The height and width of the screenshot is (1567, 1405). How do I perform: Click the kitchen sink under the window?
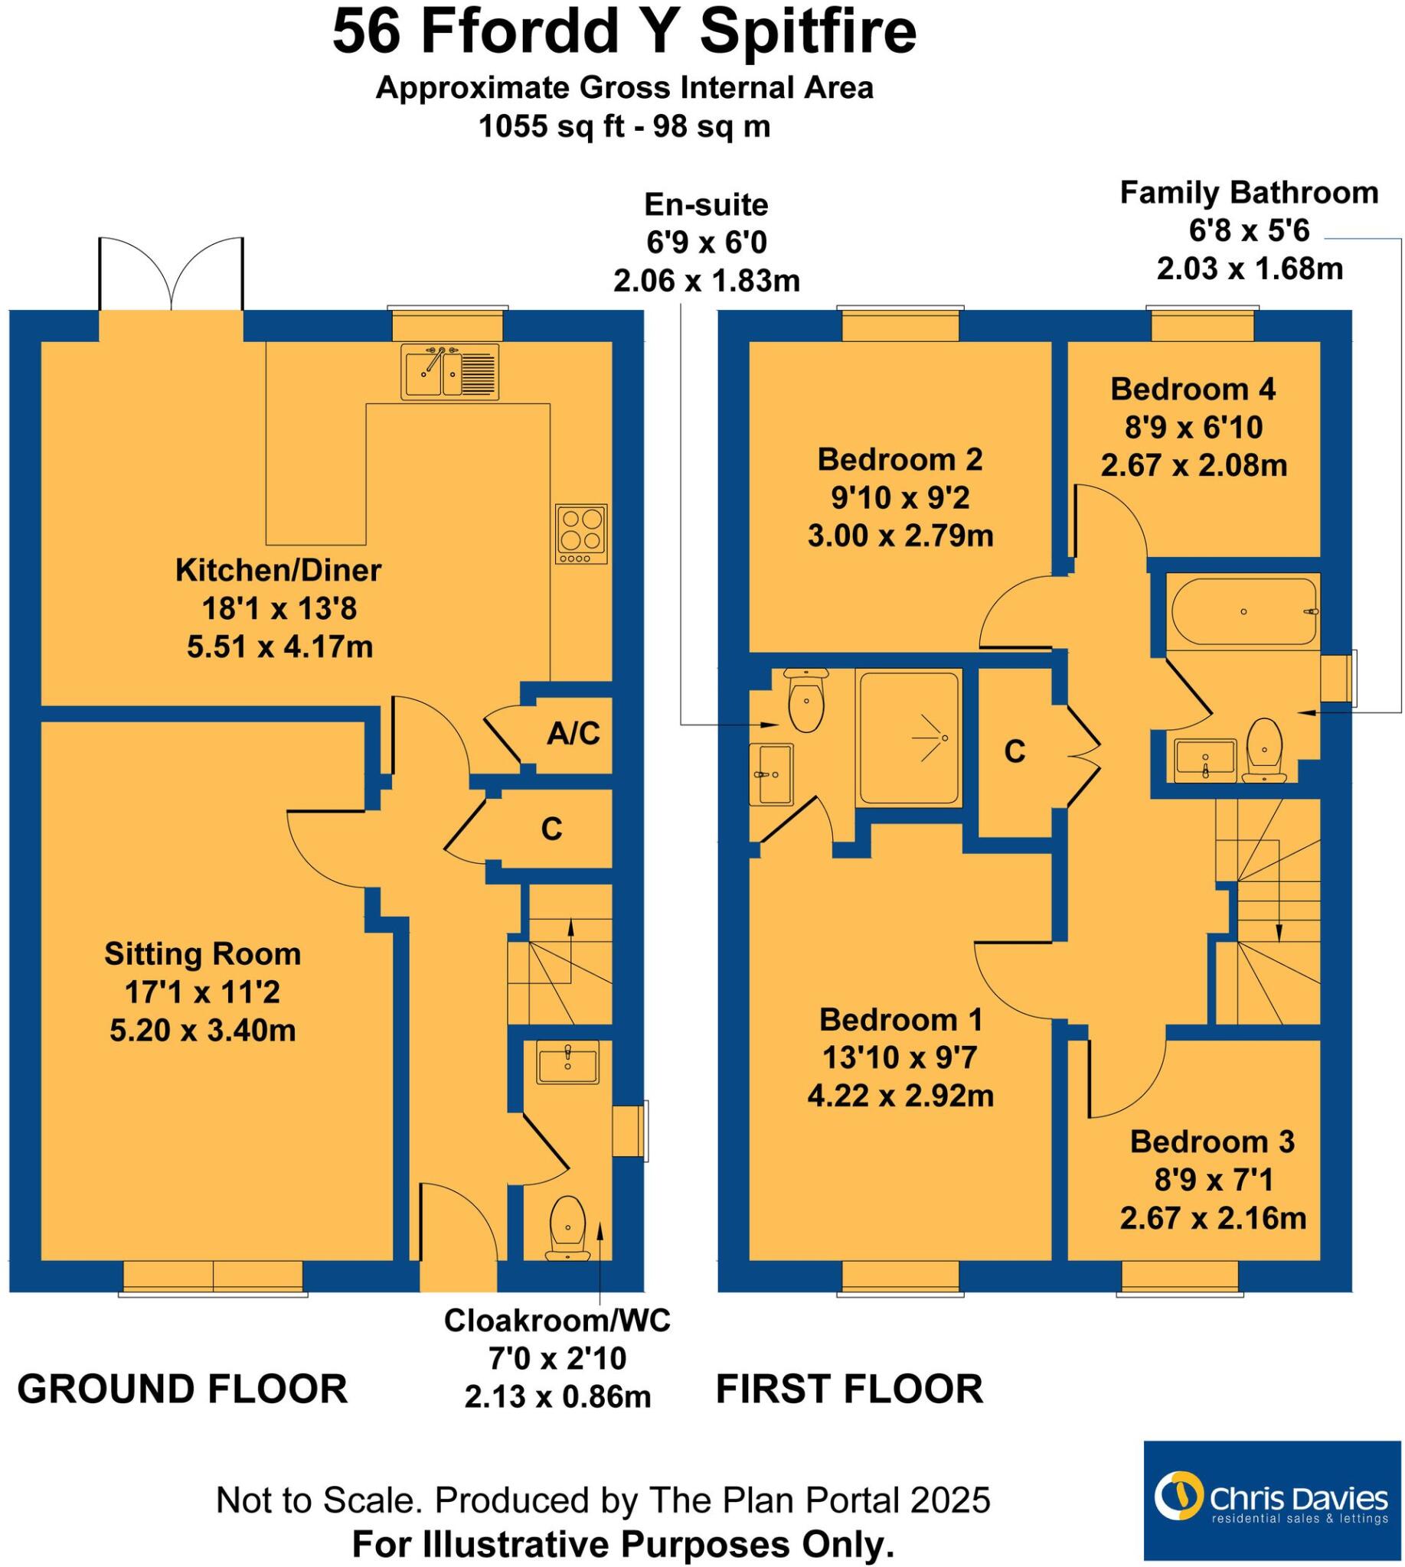click(x=451, y=372)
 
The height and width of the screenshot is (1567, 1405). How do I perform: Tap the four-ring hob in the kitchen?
click(x=581, y=534)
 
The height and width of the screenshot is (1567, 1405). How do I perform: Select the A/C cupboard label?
click(x=573, y=734)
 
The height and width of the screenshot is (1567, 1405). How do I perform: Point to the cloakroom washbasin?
click(x=567, y=1063)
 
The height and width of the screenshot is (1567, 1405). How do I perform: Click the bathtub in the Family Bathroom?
click(x=1243, y=612)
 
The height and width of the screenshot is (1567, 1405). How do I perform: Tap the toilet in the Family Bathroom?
click(x=1263, y=749)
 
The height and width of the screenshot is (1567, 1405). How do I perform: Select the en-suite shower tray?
click(x=910, y=738)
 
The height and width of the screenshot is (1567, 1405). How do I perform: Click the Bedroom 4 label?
click(x=1193, y=389)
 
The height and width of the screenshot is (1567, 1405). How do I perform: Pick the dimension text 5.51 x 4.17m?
click(x=279, y=647)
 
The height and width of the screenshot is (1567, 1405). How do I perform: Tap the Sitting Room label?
click(x=202, y=954)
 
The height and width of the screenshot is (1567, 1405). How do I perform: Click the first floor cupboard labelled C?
click(x=1015, y=751)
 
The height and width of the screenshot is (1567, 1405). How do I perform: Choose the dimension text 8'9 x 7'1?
click(x=1213, y=1180)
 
